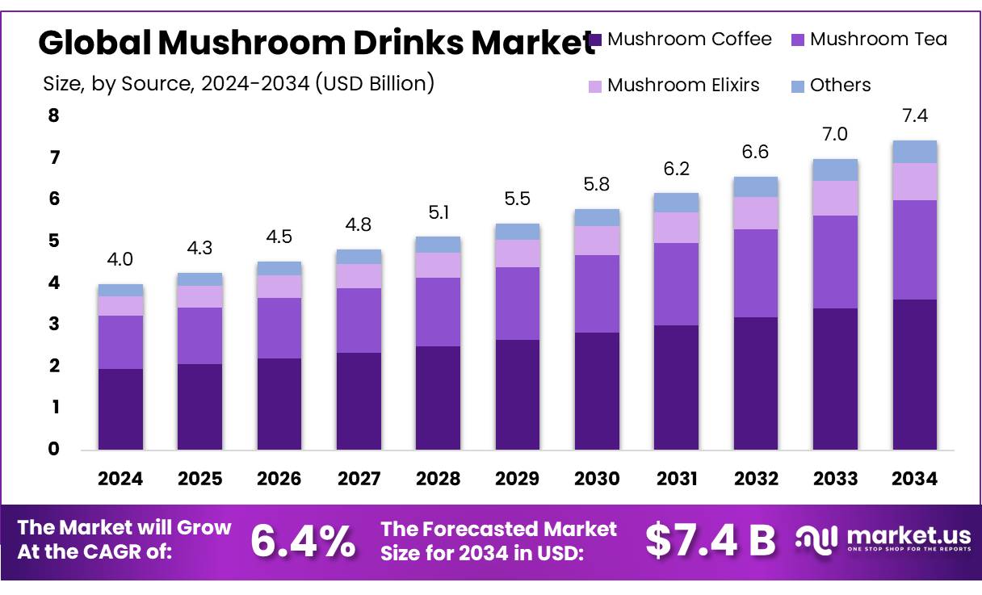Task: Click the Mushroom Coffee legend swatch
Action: (x=596, y=40)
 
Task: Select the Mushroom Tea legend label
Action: (x=878, y=39)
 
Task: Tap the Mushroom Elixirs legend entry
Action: (x=683, y=85)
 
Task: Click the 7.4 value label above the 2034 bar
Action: (x=915, y=116)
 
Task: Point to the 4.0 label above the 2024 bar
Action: (x=120, y=260)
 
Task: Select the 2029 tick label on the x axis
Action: (x=518, y=479)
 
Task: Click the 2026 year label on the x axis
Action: (x=279, y=479)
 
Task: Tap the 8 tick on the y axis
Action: (x=54, y=115)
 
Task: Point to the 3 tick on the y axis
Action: (x=54, y=324)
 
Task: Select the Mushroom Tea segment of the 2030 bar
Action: (x=597, y=294)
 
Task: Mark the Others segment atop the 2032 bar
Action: (x=756, y=186)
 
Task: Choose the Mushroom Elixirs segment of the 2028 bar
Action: (x=438, y=265)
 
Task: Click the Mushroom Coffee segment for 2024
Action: (x=120, y=409)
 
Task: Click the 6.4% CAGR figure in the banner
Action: (x=302, y=540)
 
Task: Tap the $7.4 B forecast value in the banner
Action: (x=710, y=540)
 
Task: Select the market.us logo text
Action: (x=908, y=536)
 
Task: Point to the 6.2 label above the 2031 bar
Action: (x=677, y=169)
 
